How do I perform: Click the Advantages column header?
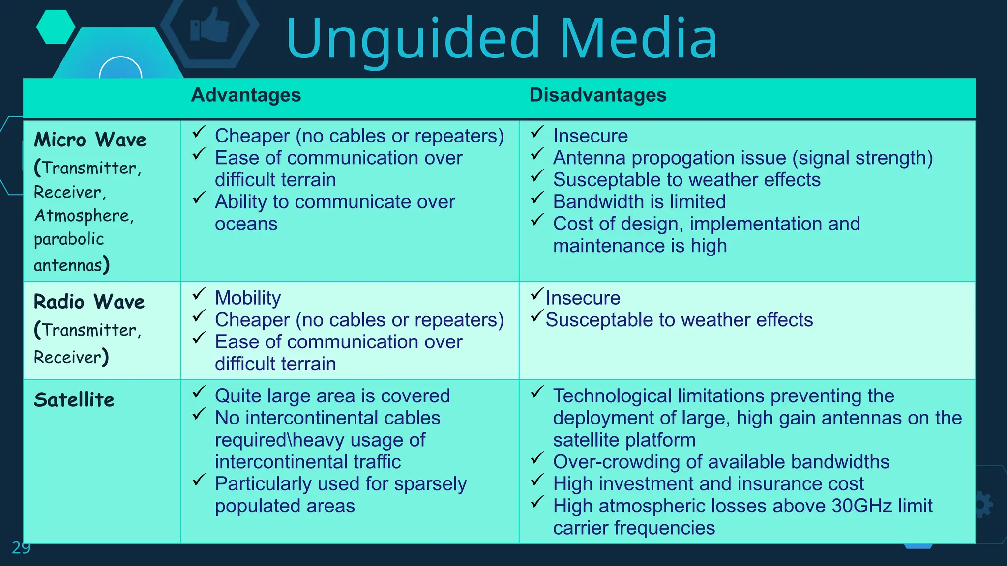tap(246, 95)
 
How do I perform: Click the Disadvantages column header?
tap(597, 95)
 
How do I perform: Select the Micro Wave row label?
tap(90, 140)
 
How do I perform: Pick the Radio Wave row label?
tap(89, 302)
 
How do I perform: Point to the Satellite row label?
tap(74, 400)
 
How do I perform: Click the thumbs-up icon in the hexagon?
tap(210, 26)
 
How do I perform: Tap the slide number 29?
tap(21, 547)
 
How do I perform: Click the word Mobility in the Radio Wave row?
tap(248, 298)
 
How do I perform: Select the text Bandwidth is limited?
tap(639, 202)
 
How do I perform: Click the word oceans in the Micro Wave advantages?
tap(246, 224)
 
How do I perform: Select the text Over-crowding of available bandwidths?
tap(721, 462)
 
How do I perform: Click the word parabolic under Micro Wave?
tap(69, 239)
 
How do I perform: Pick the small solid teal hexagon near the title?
tap(56, 27)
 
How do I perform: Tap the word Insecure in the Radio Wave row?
tap(583, 298)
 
